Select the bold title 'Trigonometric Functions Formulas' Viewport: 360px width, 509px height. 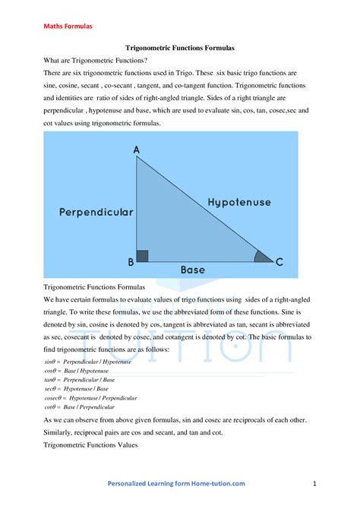[178, 47]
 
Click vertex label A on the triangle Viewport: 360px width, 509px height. [137, 150]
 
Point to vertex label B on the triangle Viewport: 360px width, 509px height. [131, 262]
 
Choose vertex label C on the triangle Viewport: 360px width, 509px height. [279, 262]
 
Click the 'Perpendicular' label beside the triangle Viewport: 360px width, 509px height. [96, 212]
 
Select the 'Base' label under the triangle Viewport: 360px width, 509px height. [192, 269]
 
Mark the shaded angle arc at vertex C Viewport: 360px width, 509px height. [262, 256]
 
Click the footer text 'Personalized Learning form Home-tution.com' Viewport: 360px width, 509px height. [176, 483]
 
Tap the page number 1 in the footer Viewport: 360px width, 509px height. [314, 483]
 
